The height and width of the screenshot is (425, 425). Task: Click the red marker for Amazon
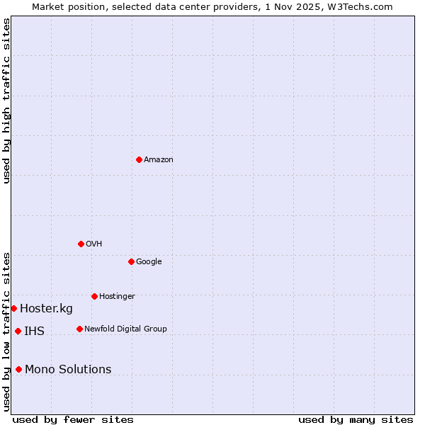139,159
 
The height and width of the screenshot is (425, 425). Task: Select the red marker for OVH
81,244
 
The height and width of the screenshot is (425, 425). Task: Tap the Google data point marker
131,261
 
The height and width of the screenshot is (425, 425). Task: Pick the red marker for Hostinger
94,296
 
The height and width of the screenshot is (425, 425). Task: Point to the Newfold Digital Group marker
79,329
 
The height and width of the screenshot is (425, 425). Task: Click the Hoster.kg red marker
13,308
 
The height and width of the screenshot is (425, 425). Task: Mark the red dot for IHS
18,331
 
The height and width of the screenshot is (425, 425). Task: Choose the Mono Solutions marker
18,369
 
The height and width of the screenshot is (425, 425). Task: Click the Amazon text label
159,160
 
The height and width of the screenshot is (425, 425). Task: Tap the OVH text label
94,244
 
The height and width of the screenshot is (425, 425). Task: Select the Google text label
149,262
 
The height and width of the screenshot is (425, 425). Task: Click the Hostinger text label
117,297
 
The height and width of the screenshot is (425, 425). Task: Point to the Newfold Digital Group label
125,329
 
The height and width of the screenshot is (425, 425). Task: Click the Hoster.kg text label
46,309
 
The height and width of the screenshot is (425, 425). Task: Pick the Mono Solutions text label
68,370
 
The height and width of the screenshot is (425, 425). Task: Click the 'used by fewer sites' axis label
73,419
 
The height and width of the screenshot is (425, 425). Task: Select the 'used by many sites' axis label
356,419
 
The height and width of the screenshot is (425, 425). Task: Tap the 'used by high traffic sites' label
6,101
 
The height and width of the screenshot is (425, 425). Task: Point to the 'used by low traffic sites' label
6,331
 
